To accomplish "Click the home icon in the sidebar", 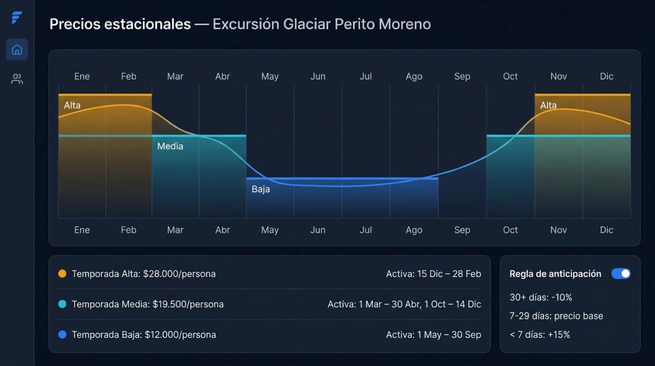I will point(17,50).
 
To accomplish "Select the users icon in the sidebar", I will point(17,79).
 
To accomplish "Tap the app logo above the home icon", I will point(17,18).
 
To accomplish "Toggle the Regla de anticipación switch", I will point(621,274).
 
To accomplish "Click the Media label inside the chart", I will point(170,146).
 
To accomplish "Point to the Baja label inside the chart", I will point(261,190).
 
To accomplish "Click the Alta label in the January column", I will point(72,105).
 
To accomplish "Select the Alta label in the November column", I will point(548,105).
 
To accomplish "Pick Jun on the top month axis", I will point(318,76).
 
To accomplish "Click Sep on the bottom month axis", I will point(462,230).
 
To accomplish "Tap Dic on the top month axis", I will point(606,76).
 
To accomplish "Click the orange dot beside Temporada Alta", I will point(62,274).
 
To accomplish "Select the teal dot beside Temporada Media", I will point(62,304).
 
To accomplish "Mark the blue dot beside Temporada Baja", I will point(62,335).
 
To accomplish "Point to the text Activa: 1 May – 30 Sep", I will point(433,335).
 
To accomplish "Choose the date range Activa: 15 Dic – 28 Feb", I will point(433,274).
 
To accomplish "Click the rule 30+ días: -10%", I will point(541,297).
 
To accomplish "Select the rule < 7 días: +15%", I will point(540,335).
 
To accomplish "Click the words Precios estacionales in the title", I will point(120,24).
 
